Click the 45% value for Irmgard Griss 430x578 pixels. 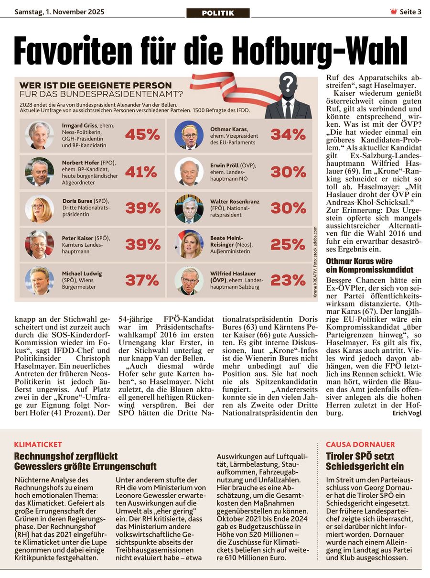tap(142, 135)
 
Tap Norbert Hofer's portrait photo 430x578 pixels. tap(40, 172)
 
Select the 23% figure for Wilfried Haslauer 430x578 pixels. tap(288, 280)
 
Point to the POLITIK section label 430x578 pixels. tap(218, 13)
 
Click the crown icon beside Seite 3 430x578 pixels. tap(394, 12)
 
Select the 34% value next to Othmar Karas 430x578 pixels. tap(288, 135)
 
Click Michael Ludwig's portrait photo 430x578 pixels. tap(40, 281)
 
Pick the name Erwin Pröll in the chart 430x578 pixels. tap(226, 165)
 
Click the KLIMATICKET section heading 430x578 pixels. tap(38, 444)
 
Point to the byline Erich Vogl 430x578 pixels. tap(407, 413)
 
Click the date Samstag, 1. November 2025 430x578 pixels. tap(60, 11)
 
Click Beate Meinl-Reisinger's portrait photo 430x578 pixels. tap(189, 244)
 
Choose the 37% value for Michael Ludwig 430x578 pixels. tap(142, 280)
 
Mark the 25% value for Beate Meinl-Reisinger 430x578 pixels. tap(288, 244)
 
